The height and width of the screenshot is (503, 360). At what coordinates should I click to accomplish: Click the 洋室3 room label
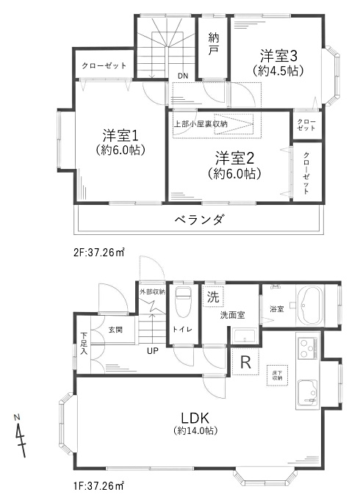point(278,56)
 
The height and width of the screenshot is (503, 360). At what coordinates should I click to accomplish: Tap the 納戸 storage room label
point(213,44)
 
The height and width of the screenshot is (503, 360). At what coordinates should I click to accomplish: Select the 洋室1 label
point(120,136)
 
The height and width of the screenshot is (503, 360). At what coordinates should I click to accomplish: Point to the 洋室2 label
point(235,159)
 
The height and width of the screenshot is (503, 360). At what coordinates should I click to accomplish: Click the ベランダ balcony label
point(199,220)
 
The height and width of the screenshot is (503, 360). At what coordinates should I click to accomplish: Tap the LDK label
point(195,419)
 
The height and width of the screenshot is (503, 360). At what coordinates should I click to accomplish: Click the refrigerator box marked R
point(245,362)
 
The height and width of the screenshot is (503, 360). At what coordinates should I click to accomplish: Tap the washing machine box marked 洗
point(213,297)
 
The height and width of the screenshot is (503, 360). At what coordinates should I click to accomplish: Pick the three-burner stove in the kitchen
point(308,348)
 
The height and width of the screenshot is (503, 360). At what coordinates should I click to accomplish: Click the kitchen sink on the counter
point(308,394)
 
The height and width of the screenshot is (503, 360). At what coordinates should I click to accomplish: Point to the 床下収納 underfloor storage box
point(277,375)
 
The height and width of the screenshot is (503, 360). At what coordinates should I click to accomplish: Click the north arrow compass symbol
point(20,436)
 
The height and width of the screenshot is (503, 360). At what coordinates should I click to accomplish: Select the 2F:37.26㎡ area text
point(98,253)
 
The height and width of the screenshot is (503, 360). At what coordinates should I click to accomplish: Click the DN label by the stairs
point(183,76)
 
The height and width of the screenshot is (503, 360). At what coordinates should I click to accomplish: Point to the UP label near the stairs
point(153,351)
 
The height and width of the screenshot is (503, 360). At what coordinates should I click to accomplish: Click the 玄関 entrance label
point(115,330)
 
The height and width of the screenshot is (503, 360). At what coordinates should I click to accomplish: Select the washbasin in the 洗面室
point(245,336)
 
